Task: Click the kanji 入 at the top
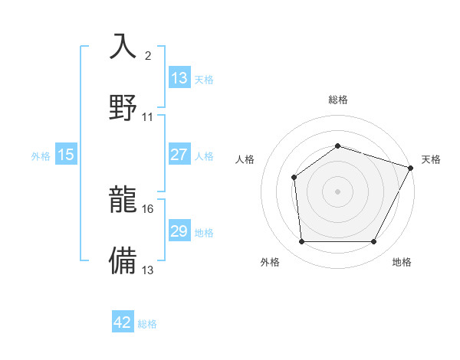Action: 124,46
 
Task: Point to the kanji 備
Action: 124,260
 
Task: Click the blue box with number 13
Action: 179,78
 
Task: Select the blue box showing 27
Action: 179,155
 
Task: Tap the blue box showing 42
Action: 123,322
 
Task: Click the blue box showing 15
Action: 66,155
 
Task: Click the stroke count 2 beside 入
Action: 148,56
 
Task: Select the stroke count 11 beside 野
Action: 147,117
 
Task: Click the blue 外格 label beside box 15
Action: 41,155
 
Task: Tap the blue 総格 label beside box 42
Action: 147,323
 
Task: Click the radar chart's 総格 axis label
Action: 337,100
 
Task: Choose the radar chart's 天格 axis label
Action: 431,159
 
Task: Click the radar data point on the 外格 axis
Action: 301,242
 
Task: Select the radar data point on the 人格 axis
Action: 294,178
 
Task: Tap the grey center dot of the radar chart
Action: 337,191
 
